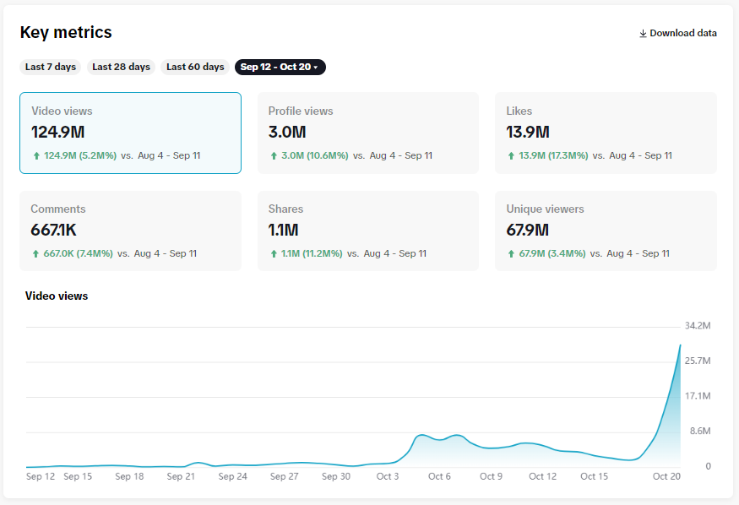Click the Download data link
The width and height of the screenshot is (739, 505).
[x=678, y=33]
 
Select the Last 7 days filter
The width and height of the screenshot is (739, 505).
[x=51, y=67]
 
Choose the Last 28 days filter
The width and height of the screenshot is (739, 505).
[x=121, y=67]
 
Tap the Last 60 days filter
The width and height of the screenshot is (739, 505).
[x=195, y=67]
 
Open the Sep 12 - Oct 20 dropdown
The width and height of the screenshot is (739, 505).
[x=280, y=67]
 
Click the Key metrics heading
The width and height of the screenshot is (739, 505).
[x=66, y=32]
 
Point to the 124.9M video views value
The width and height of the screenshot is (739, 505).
[x=58, y=132]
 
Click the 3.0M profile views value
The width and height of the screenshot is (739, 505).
[x=287, y=132]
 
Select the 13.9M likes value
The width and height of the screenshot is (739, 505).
[x=528, y=132]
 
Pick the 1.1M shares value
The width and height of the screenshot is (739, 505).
[x=284, y=230]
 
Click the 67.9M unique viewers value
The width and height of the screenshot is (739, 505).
[x=528, y=230]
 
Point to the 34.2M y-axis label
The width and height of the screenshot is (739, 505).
[x=697, y=326]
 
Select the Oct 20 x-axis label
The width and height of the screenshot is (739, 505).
[x=666, y=476]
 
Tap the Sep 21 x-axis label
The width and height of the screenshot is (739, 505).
[x=181, y=476]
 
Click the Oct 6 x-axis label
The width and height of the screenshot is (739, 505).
[x=439, y=476]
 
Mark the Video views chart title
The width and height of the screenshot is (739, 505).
[x=57, y=296]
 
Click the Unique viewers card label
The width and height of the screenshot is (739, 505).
[x=545, y=209]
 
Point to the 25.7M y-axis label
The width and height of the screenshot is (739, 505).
[x=697, y=361]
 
